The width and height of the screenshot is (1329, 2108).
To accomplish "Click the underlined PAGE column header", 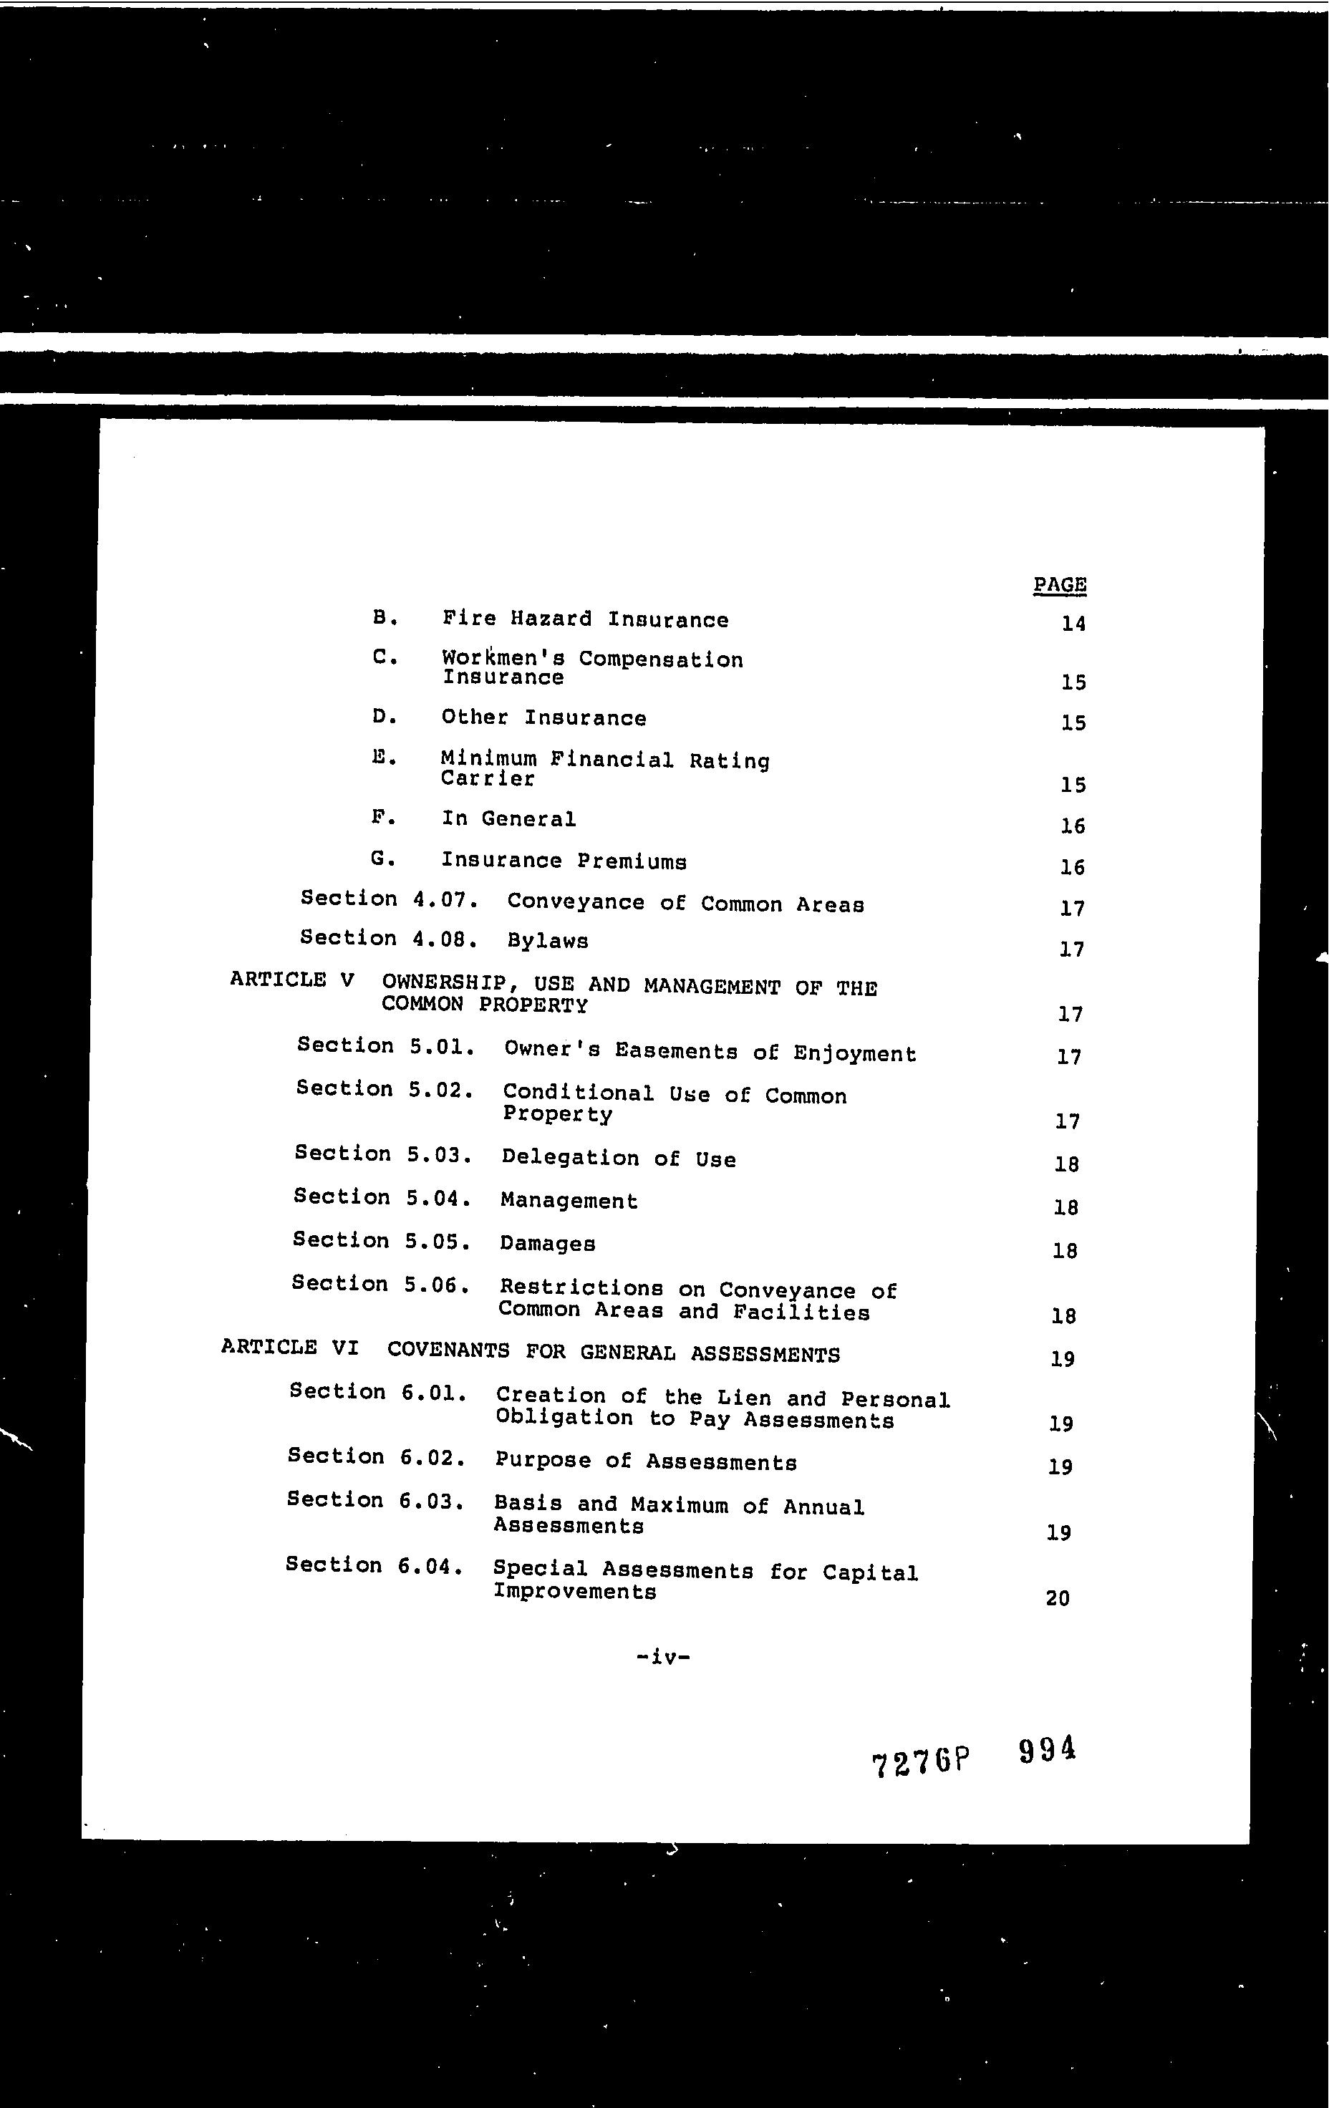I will tap(1059, 585).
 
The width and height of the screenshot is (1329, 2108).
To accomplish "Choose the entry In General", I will tap(508, 819).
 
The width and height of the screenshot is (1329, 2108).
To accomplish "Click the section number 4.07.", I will tap(444, 899).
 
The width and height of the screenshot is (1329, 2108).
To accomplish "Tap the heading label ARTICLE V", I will tap(291, 980).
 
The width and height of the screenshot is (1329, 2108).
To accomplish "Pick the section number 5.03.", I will tap(440, 1155).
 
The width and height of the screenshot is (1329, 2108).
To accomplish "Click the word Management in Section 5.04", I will tap(569, 1201).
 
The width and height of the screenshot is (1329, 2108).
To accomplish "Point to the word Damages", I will tap(547, 1244).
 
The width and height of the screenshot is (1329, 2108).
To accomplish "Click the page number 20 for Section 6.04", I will tap(1058, 1598).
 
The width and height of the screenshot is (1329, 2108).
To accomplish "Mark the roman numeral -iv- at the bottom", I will tap(664, 1656).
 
